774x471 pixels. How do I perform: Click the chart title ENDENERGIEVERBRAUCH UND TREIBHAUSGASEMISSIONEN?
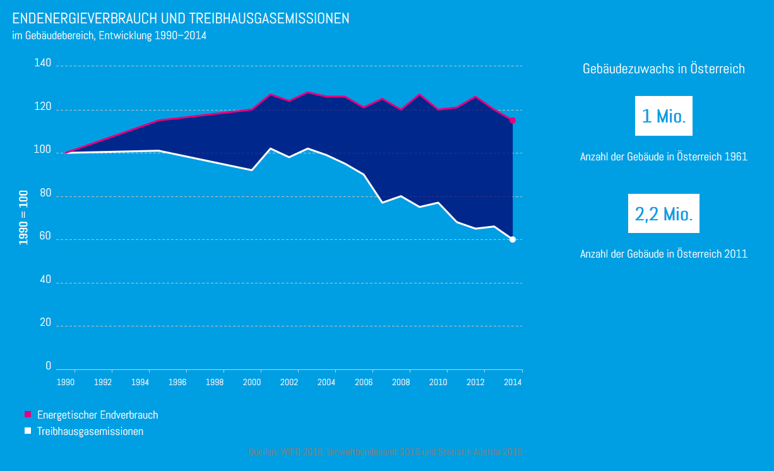(181, 19)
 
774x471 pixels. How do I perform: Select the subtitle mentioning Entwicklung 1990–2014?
(109, 36)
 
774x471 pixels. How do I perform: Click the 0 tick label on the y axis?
(48, 366)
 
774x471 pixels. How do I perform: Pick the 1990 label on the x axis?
(66, 382)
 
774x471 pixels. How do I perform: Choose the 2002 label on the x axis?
(289, 382)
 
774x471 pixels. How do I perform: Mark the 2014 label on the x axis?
(513, 382)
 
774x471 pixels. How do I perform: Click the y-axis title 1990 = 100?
(23, 217)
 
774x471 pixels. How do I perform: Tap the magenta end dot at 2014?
(513, 120)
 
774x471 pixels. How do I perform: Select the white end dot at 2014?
(513, 239)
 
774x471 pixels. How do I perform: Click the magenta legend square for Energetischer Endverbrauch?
(28, 415)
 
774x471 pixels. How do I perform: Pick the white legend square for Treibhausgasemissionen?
(28, 431)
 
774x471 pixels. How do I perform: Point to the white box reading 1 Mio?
(664, 116)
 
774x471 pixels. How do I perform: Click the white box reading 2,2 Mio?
(664, 214)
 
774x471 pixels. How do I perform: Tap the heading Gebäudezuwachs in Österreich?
(664, 69)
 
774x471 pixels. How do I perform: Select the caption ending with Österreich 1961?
(664, 157)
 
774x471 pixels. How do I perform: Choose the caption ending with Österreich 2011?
(664, 254)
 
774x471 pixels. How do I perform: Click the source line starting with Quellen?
(385, 452)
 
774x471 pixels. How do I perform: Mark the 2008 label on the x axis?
(401, 382)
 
